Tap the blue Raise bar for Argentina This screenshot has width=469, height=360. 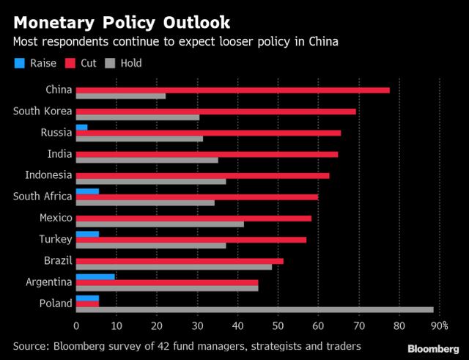coord(95,276)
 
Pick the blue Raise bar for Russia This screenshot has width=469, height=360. coord(81,128)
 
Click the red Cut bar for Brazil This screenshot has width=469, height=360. coord(180,260)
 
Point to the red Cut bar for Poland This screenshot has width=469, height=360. coord(87,303)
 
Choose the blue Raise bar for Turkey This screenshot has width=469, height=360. coord(87,234)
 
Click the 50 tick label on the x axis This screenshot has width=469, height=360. coord(278,326)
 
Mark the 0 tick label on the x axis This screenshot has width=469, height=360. coord(76,326)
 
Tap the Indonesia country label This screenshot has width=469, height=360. coord(48,175)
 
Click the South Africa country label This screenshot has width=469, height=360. coord(43,196)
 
